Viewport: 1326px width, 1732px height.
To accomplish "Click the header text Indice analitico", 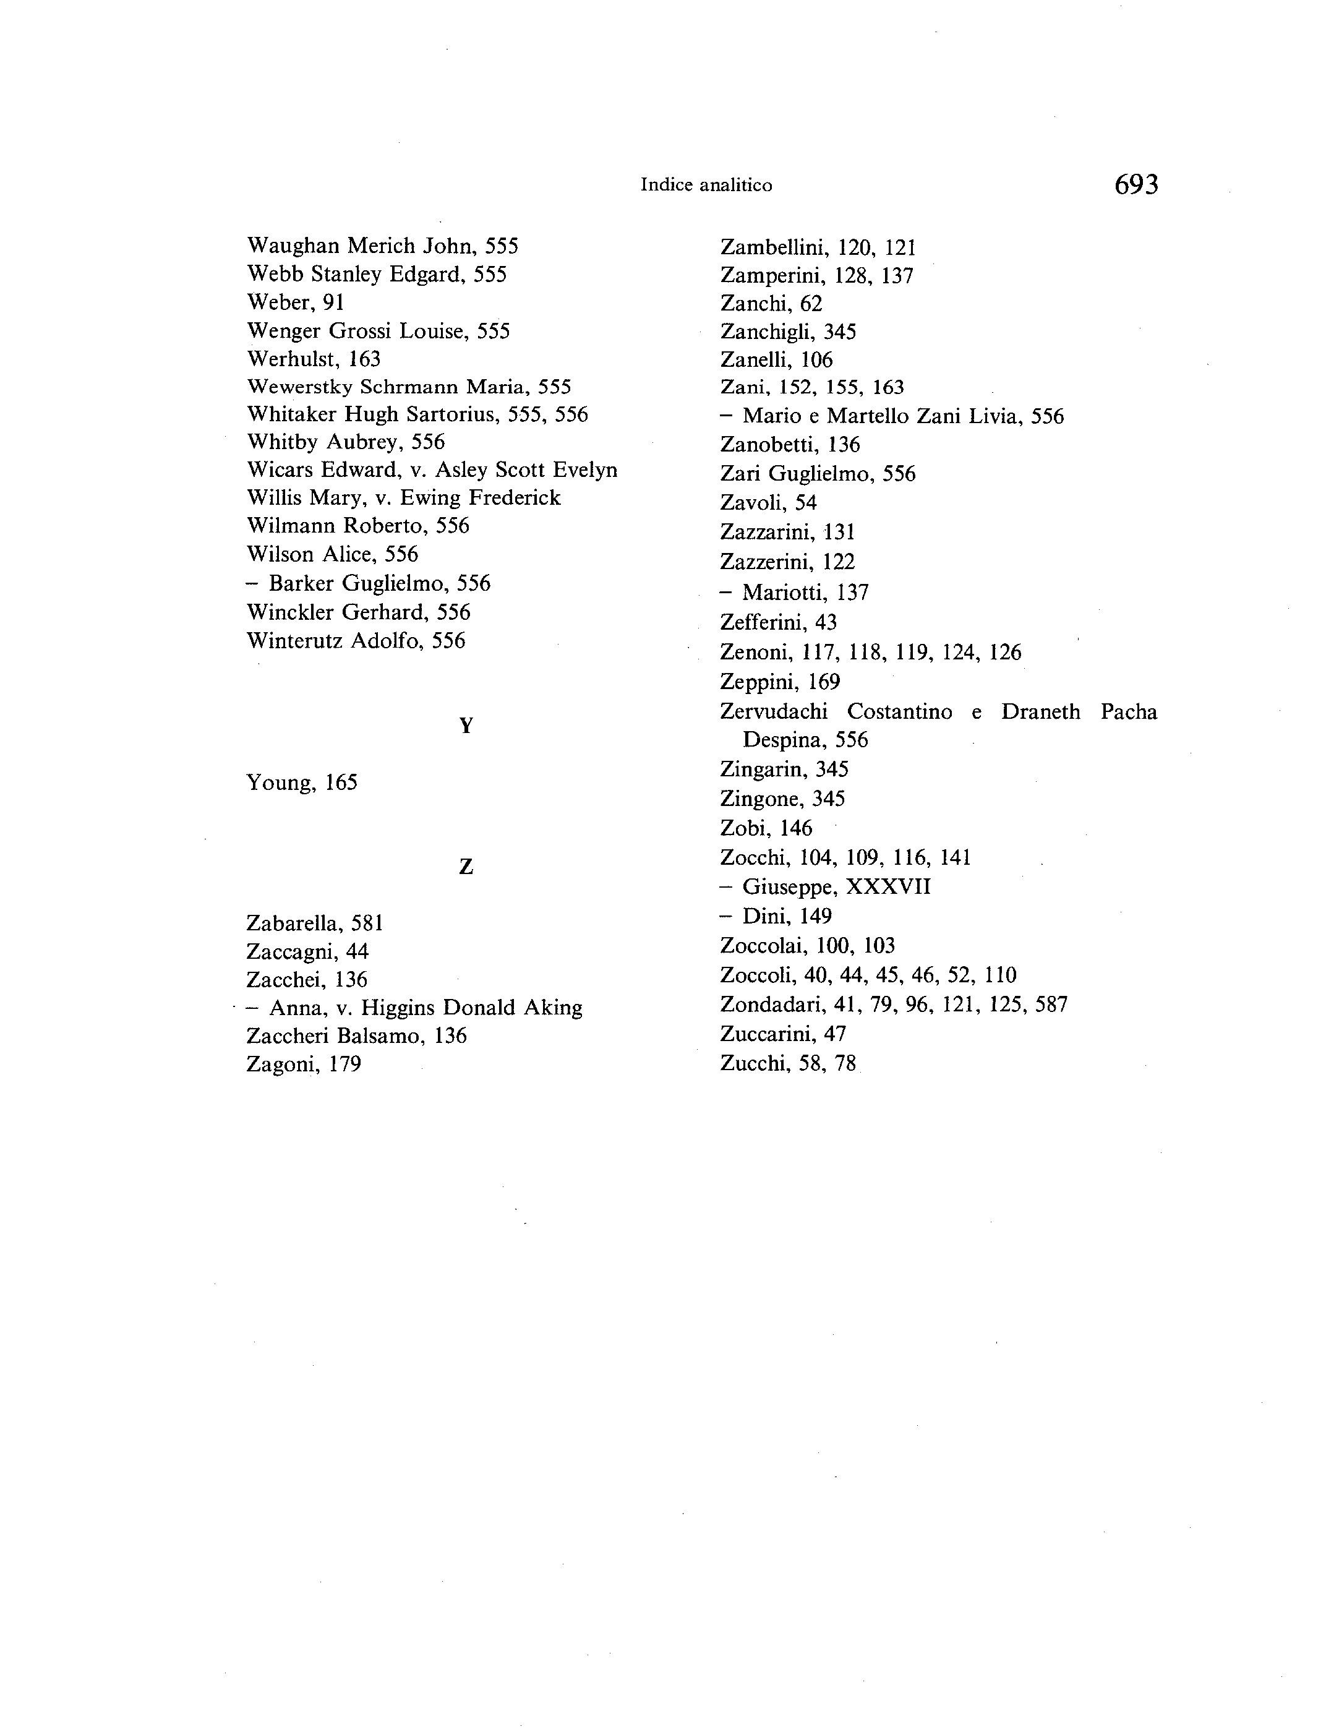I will click(706, 185).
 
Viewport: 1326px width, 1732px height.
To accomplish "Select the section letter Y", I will click(466, 726).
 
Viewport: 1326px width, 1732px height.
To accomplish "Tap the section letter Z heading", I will click(466, 867).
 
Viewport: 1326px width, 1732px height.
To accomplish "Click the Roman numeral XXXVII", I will click(888, 887).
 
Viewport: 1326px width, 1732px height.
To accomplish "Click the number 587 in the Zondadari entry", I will click(1051, 1005).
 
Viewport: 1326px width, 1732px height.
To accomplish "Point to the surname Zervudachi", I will click(774, 712).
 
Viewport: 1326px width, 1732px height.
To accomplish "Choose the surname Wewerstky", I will click(299, 387).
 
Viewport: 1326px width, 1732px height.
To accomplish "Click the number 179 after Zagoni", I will click(345, 1064).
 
